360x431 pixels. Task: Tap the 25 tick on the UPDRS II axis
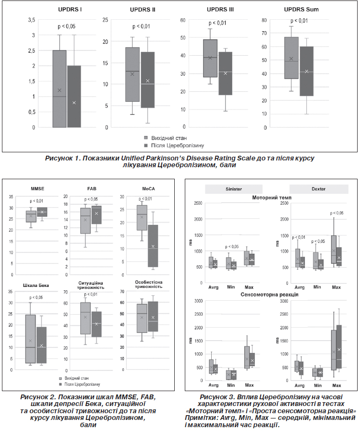105,20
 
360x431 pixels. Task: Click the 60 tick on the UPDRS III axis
182,20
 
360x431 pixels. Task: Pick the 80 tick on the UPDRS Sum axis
262,20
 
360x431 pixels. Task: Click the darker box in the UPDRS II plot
148,80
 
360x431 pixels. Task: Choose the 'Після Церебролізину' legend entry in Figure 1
175,145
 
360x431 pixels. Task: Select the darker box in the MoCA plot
153,246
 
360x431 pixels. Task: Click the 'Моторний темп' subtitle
272,197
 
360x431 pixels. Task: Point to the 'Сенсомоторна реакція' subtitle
272,294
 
